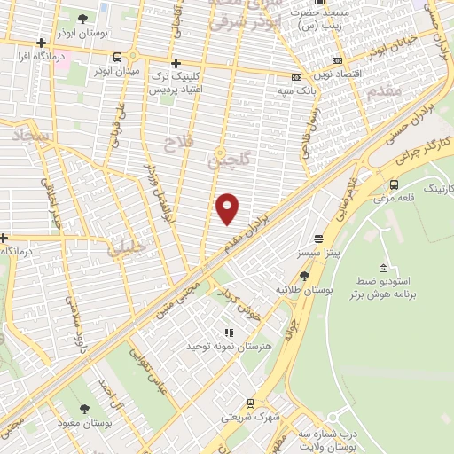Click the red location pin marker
point(228,207)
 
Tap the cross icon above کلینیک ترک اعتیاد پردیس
point(176,63)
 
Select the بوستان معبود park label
point(84,423)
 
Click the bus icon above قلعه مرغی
point(394,184)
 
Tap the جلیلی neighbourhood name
point(124,250)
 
